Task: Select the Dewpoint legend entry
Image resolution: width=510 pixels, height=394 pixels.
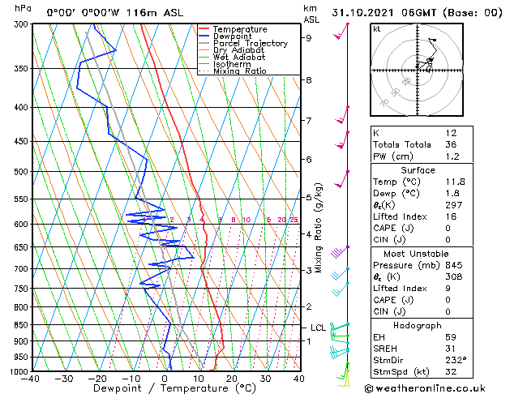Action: [x=232, y=36]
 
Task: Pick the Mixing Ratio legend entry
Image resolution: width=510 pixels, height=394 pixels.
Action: [x=240, y=71]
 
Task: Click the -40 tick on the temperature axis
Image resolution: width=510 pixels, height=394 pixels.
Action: [x=32, y=379]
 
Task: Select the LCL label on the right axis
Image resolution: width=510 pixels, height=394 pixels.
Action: [x=318, y=328]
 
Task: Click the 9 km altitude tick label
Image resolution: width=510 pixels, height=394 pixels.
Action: [x=309, y=37]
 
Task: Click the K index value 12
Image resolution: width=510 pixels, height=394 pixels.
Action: [x=450, y=133]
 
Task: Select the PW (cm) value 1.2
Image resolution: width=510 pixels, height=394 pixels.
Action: [x=452, y=156]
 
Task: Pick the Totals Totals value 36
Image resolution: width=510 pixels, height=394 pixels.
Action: [x=451, y=144]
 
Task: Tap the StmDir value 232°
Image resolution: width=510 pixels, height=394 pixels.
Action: [x=454, y=360]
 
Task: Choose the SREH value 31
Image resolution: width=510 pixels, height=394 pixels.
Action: [x=451, y=349]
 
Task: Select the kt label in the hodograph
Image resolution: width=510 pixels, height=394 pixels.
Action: [x=377, y=29]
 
